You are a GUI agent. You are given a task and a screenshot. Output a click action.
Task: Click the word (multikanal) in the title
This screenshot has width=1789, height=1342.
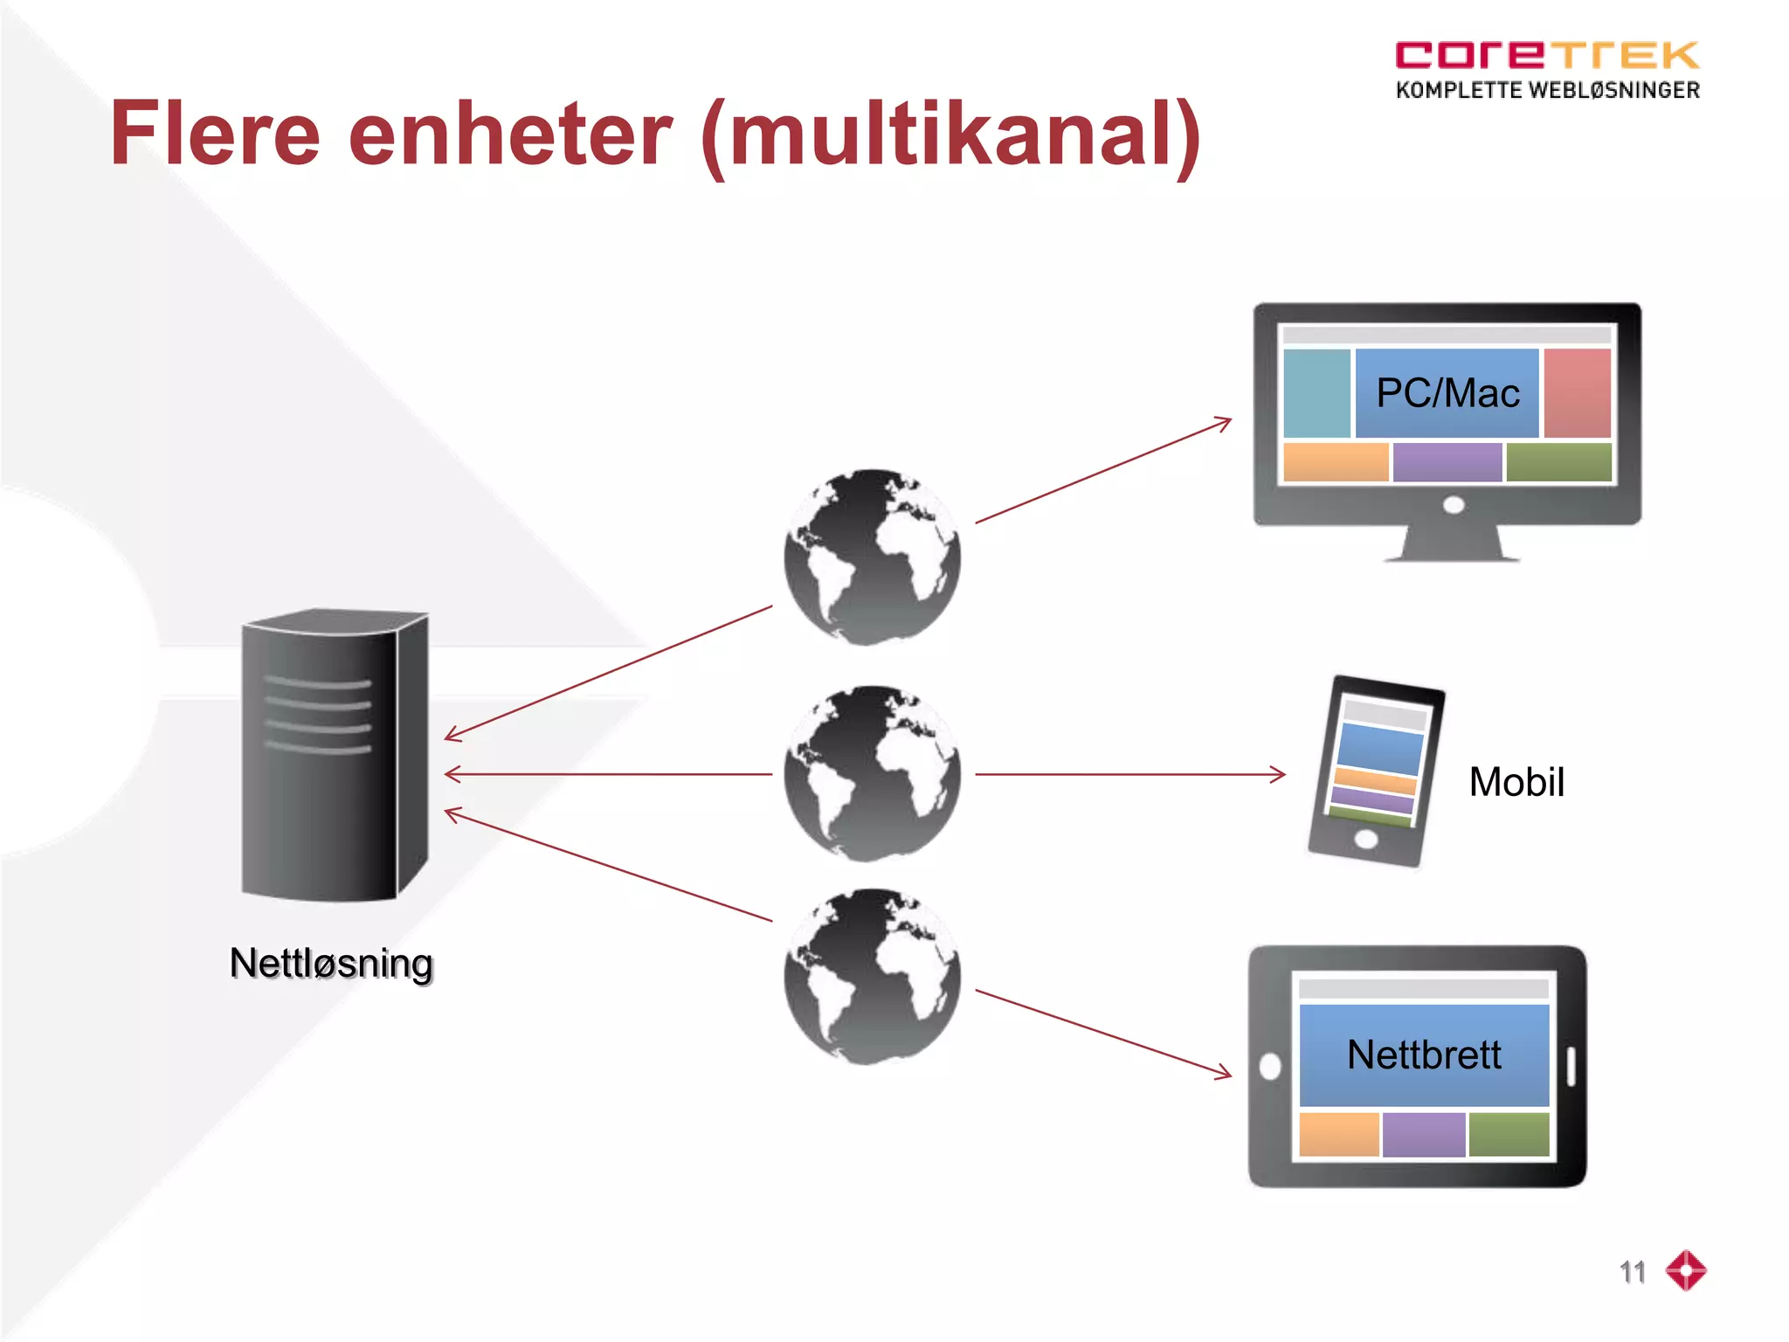coord(950,135)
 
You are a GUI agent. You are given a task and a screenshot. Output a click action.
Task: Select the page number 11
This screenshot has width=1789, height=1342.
coord(1632,1272)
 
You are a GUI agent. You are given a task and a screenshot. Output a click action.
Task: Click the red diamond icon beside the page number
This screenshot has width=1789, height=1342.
coord(1686,1270)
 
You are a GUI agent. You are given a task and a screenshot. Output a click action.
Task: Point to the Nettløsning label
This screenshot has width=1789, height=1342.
coord(331,964)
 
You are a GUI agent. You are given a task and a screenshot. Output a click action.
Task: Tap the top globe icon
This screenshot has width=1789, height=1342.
coord(872,557)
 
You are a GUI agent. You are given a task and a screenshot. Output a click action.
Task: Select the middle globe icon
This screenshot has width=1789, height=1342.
coord(872,774)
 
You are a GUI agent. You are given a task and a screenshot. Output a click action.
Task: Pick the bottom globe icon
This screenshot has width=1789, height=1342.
coord(872,977)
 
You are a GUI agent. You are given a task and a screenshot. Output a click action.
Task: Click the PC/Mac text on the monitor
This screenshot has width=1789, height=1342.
coord(1447,393)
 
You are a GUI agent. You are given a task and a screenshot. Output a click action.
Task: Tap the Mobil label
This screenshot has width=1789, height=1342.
coord(1516,782)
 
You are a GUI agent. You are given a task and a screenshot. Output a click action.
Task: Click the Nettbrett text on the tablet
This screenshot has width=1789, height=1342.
coord(1424,1055)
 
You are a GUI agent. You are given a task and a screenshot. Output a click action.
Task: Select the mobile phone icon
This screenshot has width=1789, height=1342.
coord(1375,771)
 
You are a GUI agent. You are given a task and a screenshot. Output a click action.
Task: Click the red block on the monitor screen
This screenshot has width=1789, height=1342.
coord(1577,393)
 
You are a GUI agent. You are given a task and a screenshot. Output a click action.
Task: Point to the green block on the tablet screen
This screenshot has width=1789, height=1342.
coord(1509,1134)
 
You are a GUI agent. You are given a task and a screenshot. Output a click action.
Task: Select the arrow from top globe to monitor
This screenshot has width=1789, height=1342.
coord(1103,471)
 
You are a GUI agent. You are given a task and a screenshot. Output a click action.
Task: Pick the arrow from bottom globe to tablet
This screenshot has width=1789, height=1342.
coord(1103,1032)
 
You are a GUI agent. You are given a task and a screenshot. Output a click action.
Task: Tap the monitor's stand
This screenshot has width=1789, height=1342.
coord(1451,543)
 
